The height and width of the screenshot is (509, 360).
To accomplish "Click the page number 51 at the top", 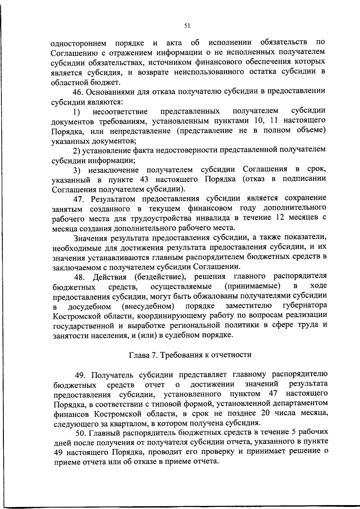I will tap(187, 26).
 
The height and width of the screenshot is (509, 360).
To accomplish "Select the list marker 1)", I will tap(76, 112).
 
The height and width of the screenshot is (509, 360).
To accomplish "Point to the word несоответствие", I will tap(120, 112).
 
